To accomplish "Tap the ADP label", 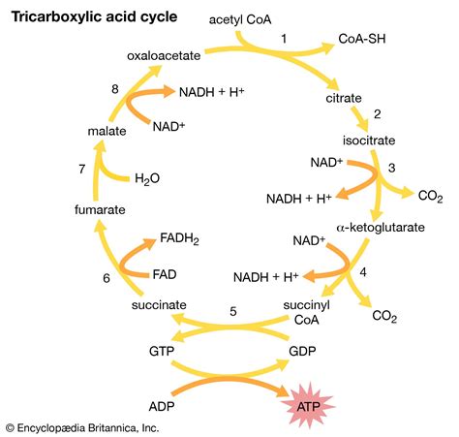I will pyautogui.click(x=164, y=398).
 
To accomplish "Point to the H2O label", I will pyautogui.click(x=148, y=179).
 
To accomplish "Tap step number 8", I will pyautogui.click(x=115, y=89).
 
